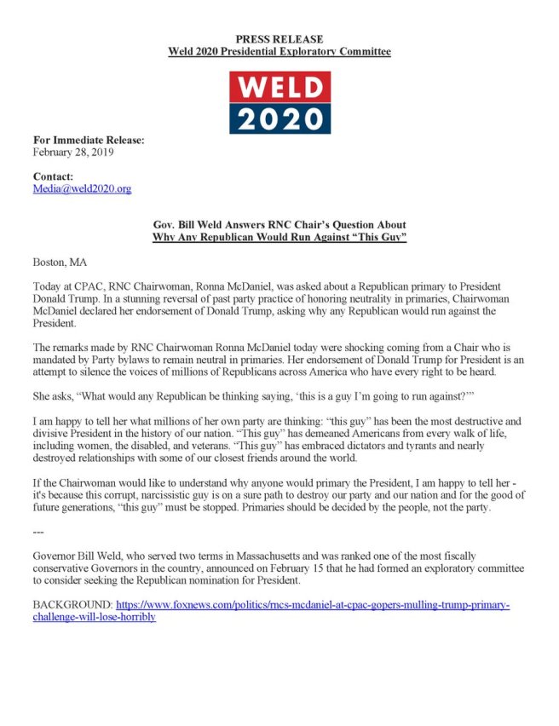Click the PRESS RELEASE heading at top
pos(279,39)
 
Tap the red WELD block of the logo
pos(279,87)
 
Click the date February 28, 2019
pos(72,153)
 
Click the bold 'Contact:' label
pos(53,176)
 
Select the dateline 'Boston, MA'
pos(60,262)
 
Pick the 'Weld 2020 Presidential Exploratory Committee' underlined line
pos(279,52)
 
